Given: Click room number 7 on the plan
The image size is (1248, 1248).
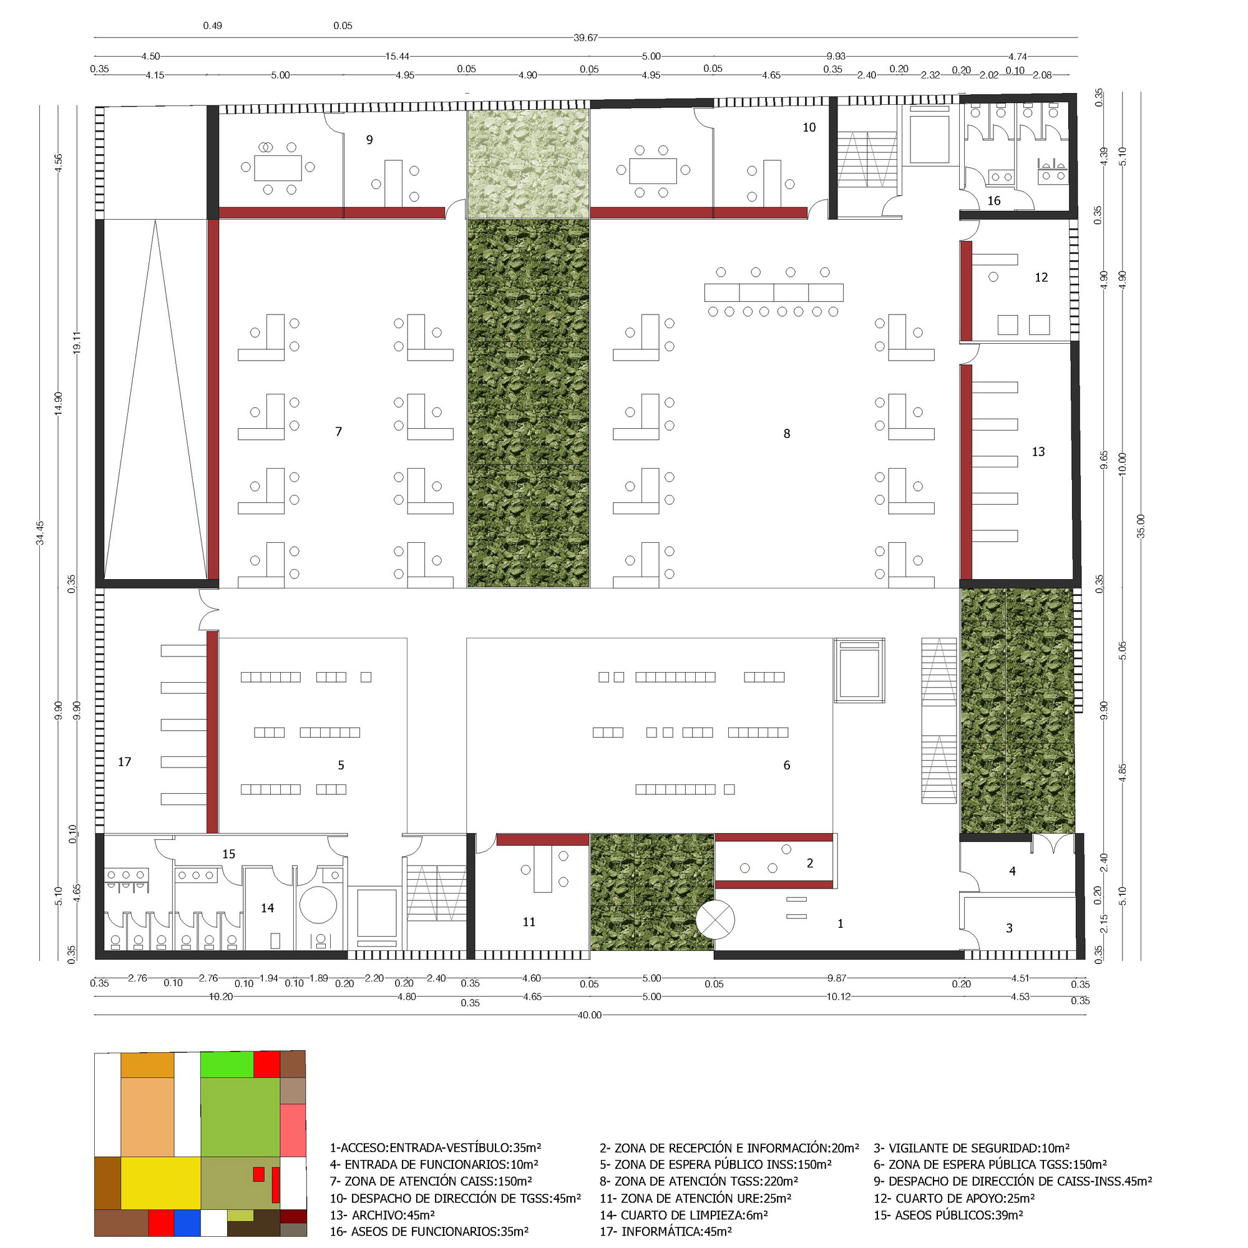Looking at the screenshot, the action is (x=338, y=432).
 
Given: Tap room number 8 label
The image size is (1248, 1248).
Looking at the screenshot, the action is (x=787, y=434).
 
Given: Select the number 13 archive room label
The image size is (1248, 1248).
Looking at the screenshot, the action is (x=1038, y=452).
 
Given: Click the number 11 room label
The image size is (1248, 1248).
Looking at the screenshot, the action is (x=529, y=922).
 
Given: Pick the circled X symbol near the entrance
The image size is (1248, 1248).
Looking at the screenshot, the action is (x=715, y=920).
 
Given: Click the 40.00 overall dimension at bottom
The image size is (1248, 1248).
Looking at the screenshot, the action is (x=589, y=1015).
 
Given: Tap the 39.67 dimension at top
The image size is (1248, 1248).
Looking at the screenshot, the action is (x=585, y=38).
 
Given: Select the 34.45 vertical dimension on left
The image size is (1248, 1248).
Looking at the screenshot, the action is (x=40, y=533).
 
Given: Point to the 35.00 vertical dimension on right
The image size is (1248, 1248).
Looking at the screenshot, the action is (x=1141, y=527).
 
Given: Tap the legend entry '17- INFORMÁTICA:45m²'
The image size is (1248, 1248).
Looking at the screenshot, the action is (x=665, y=1231).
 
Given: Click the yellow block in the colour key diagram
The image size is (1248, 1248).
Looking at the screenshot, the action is (x=160, y=1182).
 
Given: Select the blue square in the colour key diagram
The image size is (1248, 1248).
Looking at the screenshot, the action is (x=187, y=1223).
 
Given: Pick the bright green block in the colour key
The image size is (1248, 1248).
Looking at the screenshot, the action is (x=226, y=1065).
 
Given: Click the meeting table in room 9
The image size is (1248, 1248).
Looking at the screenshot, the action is (x=278, y=168).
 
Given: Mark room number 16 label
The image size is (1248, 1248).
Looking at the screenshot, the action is (x=994, y=201).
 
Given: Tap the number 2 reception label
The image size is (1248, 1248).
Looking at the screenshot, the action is (x=810, y=863).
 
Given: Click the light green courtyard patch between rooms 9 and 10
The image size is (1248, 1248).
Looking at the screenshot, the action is (x=528, y=163).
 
